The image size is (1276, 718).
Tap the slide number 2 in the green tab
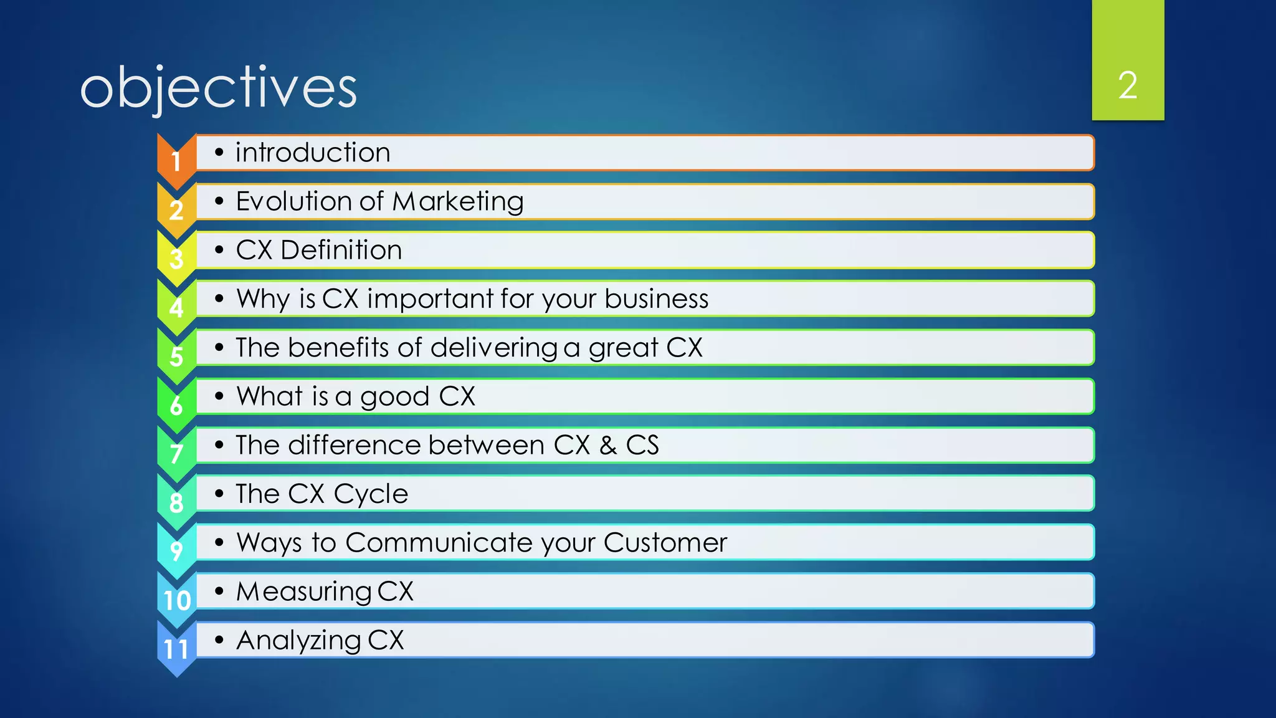[1127, 85]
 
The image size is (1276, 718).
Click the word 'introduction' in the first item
[313, 153]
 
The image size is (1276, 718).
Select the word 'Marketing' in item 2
[458, 202]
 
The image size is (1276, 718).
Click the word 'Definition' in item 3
[341, 251]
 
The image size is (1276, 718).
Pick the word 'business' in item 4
[656, 299]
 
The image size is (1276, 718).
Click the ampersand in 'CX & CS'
[608, 446]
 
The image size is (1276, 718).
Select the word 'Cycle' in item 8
[371, 494]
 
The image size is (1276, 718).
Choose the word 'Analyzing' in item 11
[298, 641]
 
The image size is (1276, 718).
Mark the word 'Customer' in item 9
[665, 543]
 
